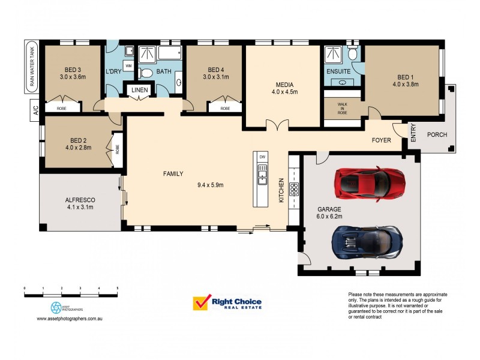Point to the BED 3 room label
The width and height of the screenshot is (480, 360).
point(73,68)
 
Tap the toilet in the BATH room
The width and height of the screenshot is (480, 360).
point(145,73)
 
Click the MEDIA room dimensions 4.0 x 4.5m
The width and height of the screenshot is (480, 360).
point(284,92)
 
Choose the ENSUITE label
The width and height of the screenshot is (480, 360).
point(338,71)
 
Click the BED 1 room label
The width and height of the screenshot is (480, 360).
point(405,76)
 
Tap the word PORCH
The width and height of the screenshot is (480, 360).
point(437,134)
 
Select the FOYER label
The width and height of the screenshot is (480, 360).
point(381,140)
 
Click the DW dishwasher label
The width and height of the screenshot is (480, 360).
point(262,157)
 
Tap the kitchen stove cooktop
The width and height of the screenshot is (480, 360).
point(294,190)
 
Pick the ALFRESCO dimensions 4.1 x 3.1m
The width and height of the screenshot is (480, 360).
point(80,208)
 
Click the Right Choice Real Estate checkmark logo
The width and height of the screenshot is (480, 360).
point(201,303)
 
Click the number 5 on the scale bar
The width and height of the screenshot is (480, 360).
point(117,289)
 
